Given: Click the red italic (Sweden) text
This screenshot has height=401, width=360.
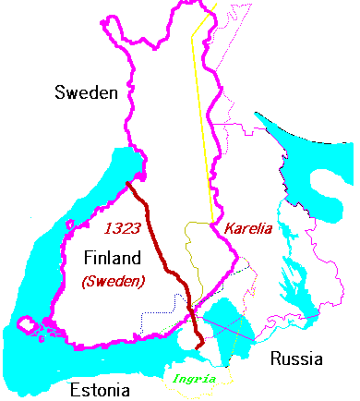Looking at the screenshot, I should click(x=114, y=281).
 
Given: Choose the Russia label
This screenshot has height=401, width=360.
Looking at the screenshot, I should click(x=297, y=358).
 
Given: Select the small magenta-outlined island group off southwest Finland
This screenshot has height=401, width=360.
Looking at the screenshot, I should click(x=28, y=326).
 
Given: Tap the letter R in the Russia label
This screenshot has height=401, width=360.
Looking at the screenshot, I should click(x=273, y=358).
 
